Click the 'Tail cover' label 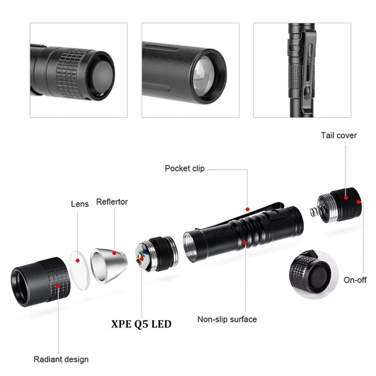click(x=338, y=135)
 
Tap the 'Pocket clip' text click(x=185, y=168)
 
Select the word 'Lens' click(x=80, y=204)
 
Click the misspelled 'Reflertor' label click(x=112, y=202)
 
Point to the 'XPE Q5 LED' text click(x=141, y=324)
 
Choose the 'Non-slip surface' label click(x=227, y=320)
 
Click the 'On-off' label click(x=355, y=280)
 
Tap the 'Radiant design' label click(x=61, y=359)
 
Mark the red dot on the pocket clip click(x=247, y=209)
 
